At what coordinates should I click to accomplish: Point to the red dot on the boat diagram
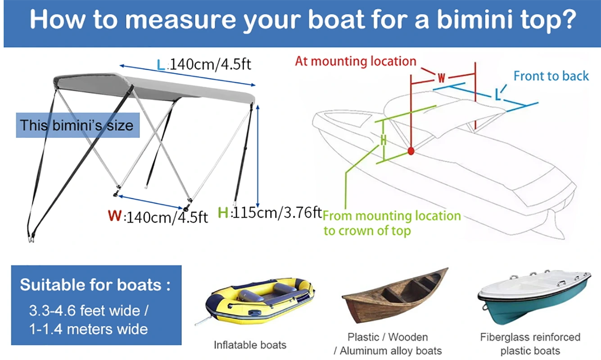click(x=411, y=151)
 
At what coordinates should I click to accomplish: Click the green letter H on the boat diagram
click(x=383, y=140)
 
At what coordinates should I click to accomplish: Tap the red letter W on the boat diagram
click(x=442, y=78)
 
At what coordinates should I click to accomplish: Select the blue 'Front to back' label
click(x=551, y=76)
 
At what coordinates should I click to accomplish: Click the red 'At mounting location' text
click(x=356, y=61)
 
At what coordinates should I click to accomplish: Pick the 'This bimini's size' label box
click(x=77, y=125)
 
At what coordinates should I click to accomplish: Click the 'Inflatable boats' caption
click(x=250, y=345)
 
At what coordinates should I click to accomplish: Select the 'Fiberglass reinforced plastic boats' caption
click(x=530, y=344)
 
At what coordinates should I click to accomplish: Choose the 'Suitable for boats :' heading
click(x=95, y=285)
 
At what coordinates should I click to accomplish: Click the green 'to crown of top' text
click(x=367, y=231)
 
